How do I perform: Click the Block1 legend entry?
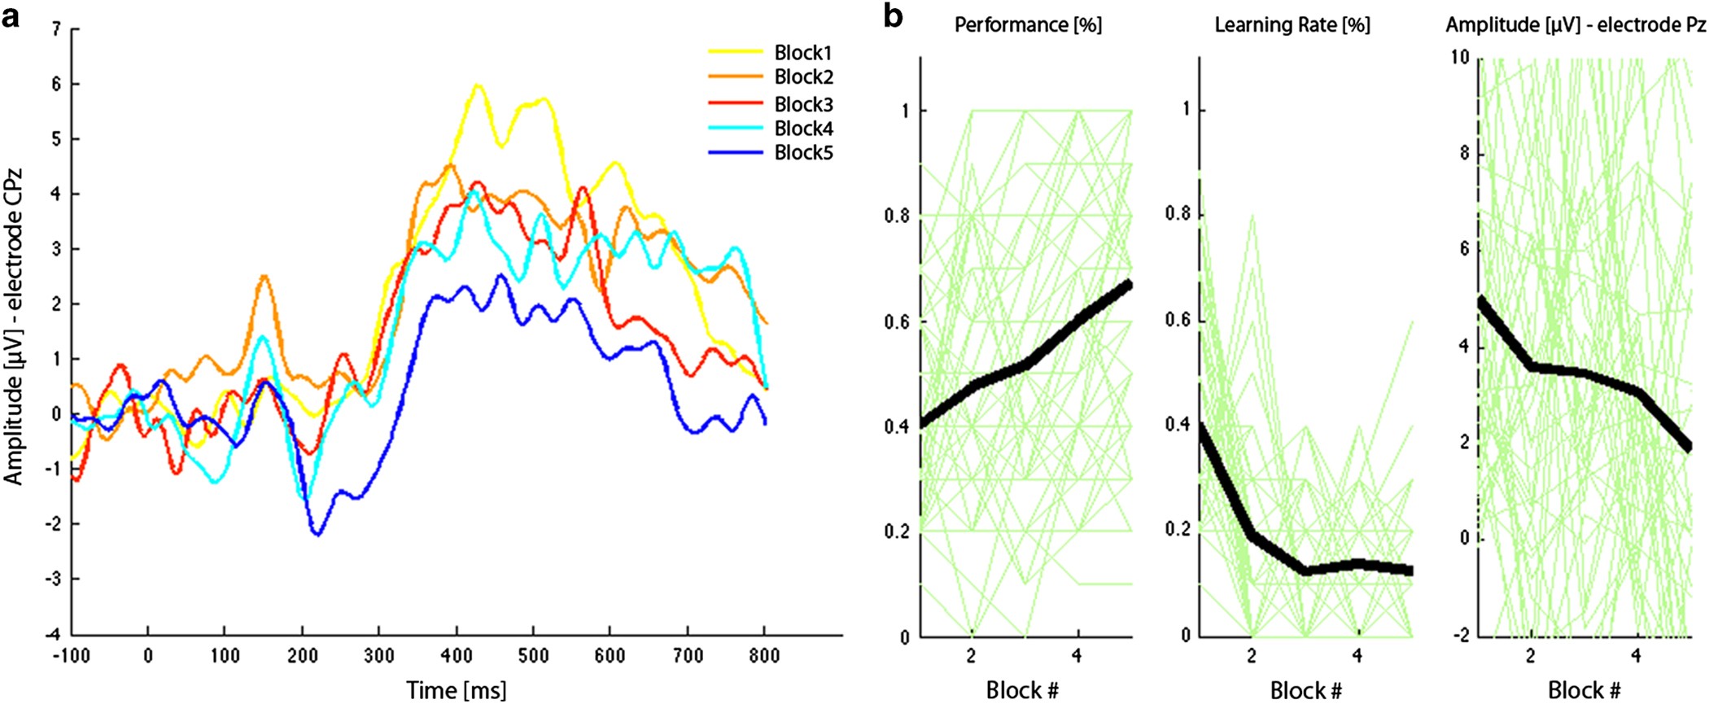802,53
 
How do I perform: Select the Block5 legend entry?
802,153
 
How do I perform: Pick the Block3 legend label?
802,104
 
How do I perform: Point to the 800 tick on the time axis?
763,656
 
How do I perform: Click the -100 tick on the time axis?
71,656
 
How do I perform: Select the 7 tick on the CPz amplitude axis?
56,29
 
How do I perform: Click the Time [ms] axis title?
456,690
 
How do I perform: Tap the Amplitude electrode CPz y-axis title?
14,326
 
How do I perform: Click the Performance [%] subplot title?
1027,25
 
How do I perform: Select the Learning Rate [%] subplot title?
1292,25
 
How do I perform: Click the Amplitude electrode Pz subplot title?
1575,25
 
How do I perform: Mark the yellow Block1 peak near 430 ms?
477,85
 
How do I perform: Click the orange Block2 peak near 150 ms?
263,277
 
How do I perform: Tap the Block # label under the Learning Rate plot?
1305,690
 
